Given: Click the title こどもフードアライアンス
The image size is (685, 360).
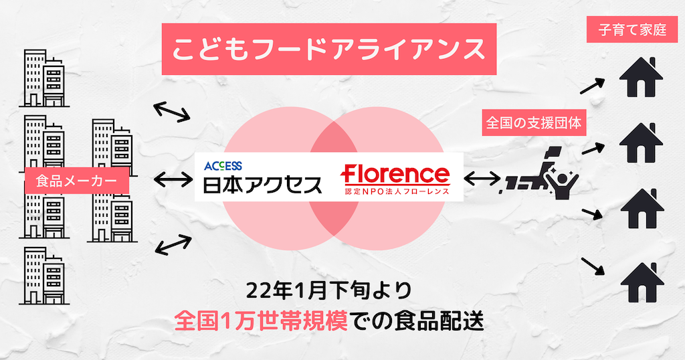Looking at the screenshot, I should click(328, 49).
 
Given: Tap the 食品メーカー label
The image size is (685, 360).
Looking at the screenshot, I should click(76, 179).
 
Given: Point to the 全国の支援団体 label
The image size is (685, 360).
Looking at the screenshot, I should click(534, 123).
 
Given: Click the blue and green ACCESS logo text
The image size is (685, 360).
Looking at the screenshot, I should click(223, 165).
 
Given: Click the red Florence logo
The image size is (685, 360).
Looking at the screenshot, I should click(395, 175).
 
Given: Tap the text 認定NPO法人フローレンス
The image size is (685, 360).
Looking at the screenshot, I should click(395, 193).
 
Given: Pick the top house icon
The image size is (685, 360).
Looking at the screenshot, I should click(642, 78).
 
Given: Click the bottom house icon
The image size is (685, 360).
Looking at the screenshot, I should click(642, 282).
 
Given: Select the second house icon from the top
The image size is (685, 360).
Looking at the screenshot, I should click(642, 144).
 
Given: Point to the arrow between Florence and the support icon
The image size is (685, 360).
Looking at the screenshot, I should click(482, 179).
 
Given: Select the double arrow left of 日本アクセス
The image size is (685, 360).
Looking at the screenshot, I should click(173, 179).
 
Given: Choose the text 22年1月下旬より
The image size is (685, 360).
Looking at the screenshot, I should click(328, 291).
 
